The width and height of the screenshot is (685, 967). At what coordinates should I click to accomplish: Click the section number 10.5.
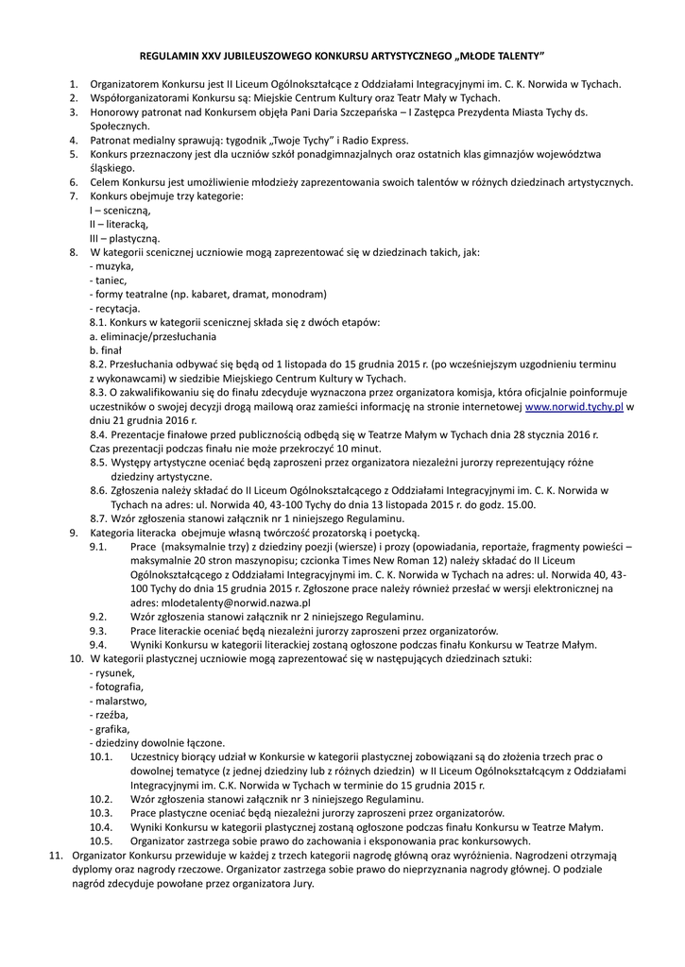101,841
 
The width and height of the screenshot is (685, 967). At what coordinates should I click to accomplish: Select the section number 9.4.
99,644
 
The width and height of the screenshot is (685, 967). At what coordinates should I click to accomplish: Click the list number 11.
55,856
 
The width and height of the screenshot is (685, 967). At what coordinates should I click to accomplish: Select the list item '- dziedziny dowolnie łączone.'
157,743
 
